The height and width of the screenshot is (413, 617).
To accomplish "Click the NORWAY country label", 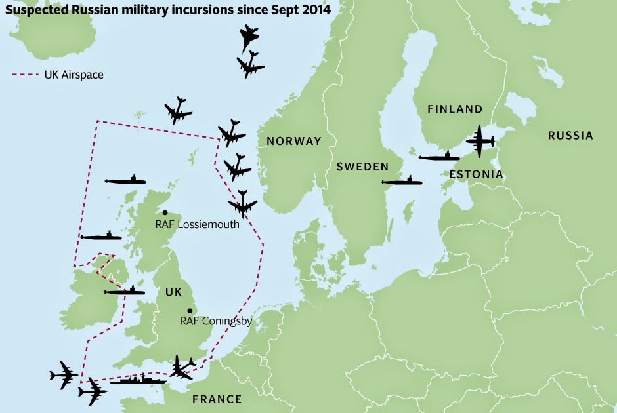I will tap(293, 141).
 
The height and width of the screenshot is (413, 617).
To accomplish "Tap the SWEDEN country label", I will tap(363, 167).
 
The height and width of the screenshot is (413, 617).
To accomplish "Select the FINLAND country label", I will tap(455, 109).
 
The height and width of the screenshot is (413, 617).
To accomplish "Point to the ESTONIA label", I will tap(477, 174).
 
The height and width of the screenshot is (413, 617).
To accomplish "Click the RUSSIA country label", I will tap(570, 136).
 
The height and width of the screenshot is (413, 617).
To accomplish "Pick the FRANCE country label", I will tap(217, 399).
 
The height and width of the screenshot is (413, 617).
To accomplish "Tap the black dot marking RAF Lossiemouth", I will tap(165, 212).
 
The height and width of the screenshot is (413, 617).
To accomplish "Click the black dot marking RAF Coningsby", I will tap(189, 311).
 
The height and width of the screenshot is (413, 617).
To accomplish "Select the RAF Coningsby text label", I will tap(216, 321).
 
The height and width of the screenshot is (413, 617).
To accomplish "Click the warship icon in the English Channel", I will tap(138, 380).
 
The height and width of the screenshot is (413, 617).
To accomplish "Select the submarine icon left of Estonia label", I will tap(439, 157).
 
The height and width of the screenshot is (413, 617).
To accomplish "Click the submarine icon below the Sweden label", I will tap(402, 182).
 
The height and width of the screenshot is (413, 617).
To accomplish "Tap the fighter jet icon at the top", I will tap(250, 37).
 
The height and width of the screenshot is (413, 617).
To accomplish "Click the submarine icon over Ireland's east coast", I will tap(125, 291).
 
